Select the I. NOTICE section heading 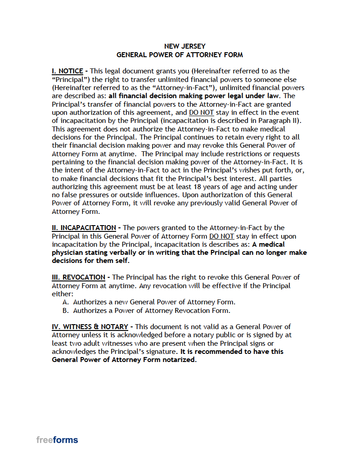(67, 71)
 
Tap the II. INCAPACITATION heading (84, 228)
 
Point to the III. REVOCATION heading (79, 277)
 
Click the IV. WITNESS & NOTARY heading (90, 327)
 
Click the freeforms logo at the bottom (57, 440)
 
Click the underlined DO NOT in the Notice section (201, 113)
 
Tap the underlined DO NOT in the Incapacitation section (221, 236)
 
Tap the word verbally (120, 253)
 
